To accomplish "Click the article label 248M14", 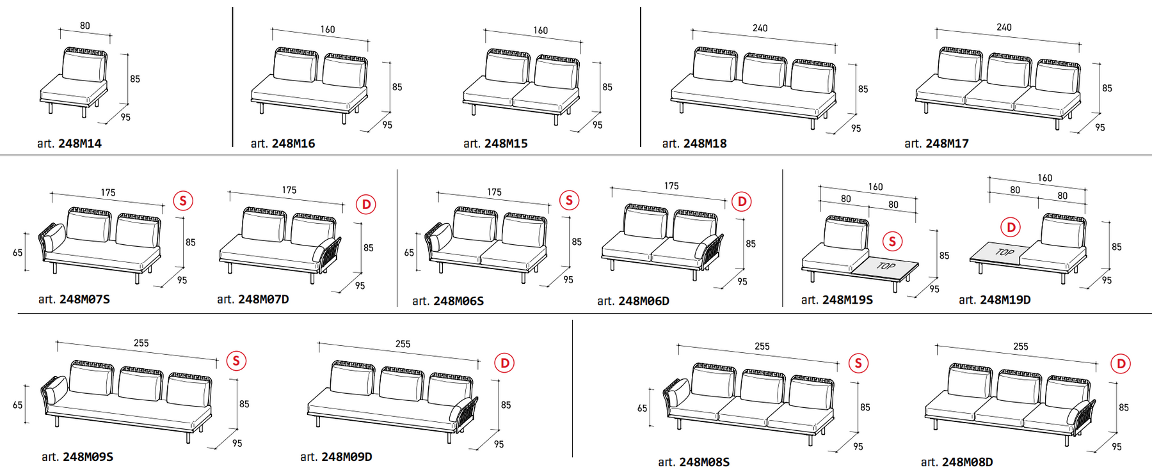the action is pyautogui.click(x=69, y=144).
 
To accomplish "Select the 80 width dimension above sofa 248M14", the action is pyautogui.click(x=85, y=26).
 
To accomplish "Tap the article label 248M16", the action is pyautogui.click(x=283, y=144).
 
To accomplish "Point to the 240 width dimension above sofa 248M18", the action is pyautogui.click(x=760, y=28).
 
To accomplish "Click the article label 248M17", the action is pyautogui.click(x=936, y=144).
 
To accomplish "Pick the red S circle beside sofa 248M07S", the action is pyautogui.click(x=183, y=201).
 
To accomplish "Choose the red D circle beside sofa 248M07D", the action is pyautogui.click(x=366, y=205).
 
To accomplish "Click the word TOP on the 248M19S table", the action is pyautogui.click(x=886, y=265).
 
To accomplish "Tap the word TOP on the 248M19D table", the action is pyautogui.click(x=1005, y=252).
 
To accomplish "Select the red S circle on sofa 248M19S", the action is pyautogui.click(x=892, y=241).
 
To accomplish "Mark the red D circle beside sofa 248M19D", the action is pyautogui.click(x=1011, y=227).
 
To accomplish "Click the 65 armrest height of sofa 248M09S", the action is pyautogui.click(x=18, y=405).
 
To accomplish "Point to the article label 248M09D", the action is pyautogui.click(x=336, y=457).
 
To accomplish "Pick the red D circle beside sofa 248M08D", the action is pyautogui.click(x=1121, y=364).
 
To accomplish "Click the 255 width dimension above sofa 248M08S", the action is pyautogui.click(x=762, y=347).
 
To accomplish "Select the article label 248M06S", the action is pyautogui.click(x=448, y=301).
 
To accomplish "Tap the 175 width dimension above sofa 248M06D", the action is pyautogui.click(x=671, y=186).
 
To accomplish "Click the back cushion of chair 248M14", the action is pyautogui.click(x=84, y=66).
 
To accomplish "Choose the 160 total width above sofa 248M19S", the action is pyautogui.click(x=876, y=187).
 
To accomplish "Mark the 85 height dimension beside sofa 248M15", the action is pyautogui.click(x=607, y=87).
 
